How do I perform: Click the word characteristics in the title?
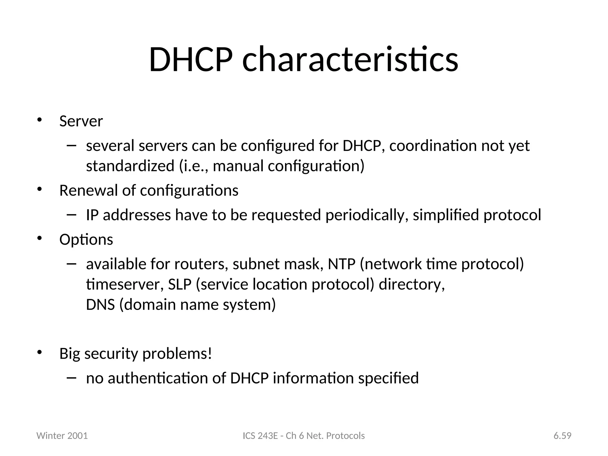tap(350, 60)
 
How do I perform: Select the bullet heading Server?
tap(81, 121)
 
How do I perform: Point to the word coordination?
tap(433, 146)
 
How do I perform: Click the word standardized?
tap(130, 166)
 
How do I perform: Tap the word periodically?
tap(367, 215)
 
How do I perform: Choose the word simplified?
tap(446, 215)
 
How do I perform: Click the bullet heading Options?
tap(86, 240)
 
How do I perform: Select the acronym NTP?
tap(341, 264)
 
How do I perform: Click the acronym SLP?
tap(180, 284)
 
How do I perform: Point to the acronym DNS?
tap(100, 305)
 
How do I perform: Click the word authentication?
tap(158, 379)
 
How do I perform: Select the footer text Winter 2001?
tap(62, 436)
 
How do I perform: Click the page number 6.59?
tap(562, 436)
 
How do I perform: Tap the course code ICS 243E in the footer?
tap(260, 436)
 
